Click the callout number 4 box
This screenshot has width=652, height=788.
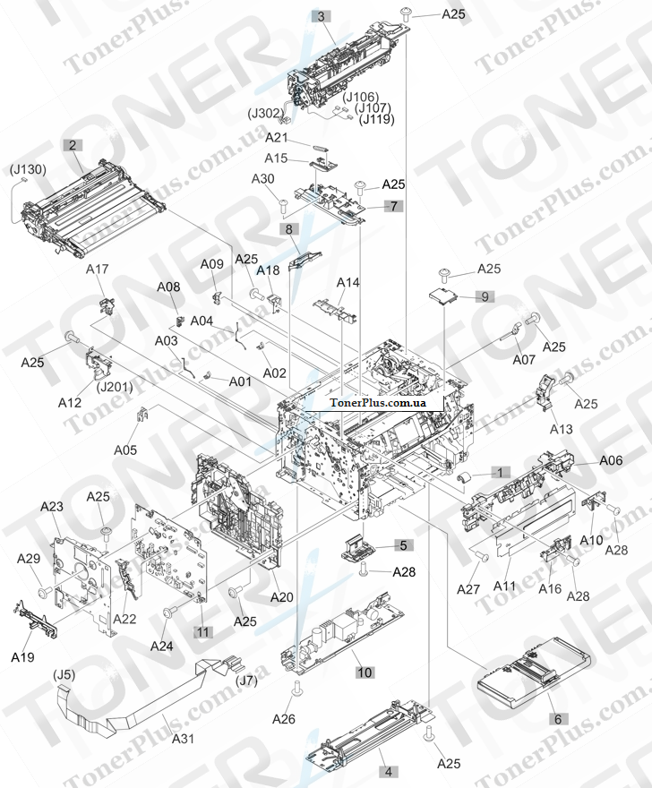tap(388, 770)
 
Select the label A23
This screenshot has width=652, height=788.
tap(53, 507)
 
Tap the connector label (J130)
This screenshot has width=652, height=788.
tap(28, 169)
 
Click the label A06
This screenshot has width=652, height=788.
tap(611, 460)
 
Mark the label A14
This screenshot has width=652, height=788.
tap(348, 283)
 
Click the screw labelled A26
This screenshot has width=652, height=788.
tap(296, 689)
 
